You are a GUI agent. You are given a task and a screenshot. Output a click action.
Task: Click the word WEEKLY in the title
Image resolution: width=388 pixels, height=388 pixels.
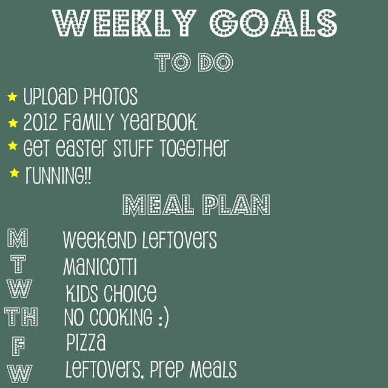tap(124, 23)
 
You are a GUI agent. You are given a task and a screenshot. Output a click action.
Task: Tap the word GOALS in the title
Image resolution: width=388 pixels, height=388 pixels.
tap(273, 23)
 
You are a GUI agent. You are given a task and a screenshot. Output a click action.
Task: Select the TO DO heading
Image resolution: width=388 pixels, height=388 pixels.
tap(194, 62)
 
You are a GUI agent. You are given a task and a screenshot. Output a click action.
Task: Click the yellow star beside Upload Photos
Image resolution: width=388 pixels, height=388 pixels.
tap(12, 97)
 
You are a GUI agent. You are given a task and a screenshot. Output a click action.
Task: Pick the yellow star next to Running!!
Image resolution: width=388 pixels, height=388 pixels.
tap(15, 173)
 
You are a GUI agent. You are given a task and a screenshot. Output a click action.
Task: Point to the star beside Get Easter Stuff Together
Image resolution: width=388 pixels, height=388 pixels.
tap(13, 145)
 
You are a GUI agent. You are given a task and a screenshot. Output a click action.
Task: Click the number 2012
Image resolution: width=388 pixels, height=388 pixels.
tap(41, 122)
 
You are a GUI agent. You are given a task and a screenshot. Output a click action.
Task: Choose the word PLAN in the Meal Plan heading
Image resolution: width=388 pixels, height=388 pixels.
tap(236, 205)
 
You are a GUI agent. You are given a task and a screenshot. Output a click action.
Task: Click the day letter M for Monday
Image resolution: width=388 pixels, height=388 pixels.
tap(18, 238)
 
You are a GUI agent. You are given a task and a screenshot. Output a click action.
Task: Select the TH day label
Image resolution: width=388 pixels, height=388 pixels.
tap(21, 316)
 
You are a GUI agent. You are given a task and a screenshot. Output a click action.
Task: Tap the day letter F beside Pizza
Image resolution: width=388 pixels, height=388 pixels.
tap(19, 346)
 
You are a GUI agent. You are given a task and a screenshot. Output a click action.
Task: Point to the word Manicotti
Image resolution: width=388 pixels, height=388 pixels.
tap(99, 267)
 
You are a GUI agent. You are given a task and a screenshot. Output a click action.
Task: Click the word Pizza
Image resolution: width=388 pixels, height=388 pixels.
tap(86, 342)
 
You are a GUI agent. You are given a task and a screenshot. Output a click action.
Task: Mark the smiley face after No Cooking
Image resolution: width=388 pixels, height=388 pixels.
tap(163, 318)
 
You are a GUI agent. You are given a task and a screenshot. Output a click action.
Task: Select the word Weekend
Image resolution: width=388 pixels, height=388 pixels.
tap(99, 239)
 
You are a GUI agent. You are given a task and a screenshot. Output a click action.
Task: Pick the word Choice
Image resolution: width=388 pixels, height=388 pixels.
tap(130, 293)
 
